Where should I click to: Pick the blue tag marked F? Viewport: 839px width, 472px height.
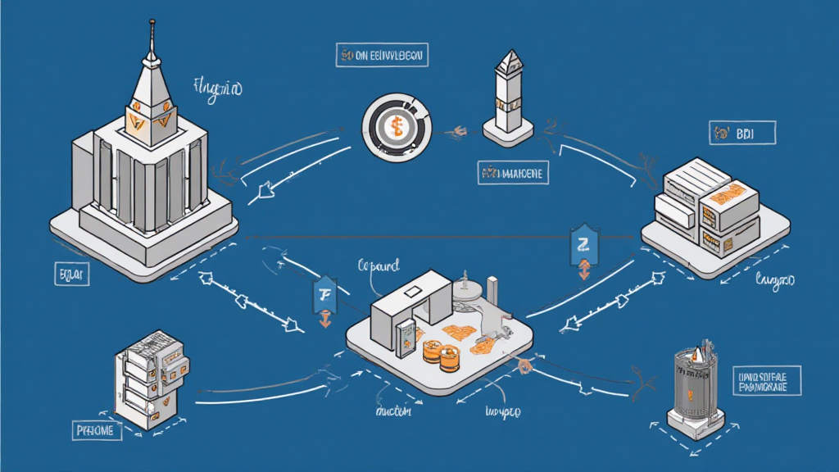click(324, 295)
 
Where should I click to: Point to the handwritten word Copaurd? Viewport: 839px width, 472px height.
click(379, 266)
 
